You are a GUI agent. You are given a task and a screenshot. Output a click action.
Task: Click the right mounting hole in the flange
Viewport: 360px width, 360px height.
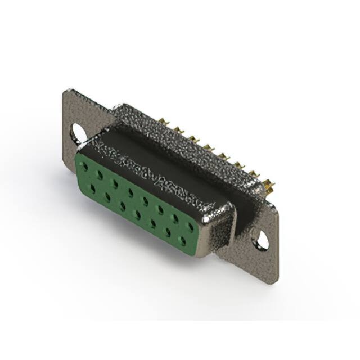(262, 239)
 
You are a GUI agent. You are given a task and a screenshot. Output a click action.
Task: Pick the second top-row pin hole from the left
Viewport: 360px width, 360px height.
(100, 175)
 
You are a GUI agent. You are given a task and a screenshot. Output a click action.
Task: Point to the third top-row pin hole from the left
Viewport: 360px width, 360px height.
(115, 183)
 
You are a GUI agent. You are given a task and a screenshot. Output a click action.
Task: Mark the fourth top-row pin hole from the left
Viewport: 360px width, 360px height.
(130, 192)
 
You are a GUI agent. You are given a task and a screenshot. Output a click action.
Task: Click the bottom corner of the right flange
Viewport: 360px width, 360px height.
(274, 282)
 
